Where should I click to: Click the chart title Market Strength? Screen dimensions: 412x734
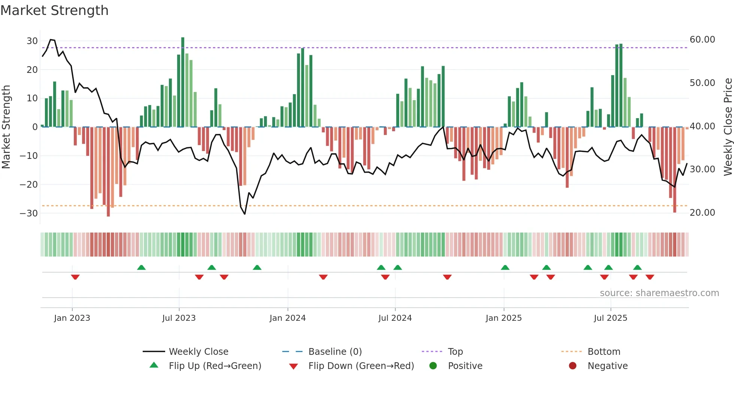click(x=54, y=10)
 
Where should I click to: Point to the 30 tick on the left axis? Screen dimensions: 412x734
click(x=32, y=41)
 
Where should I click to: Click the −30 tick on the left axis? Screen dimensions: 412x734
click(x=28, y=213)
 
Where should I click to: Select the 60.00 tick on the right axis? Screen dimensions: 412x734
click(x=702, y=40)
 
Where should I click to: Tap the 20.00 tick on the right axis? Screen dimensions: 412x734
click(x=702, y=213)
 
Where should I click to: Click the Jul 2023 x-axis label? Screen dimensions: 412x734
click(x=179, y=318)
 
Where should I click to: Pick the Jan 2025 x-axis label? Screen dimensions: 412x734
click(x=503, y=318)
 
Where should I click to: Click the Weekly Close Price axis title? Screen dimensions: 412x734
click(x=728, y=127)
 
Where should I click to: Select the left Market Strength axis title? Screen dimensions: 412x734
click(x=6, y=127)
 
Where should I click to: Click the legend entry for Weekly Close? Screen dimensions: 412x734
click(x=198, y=352)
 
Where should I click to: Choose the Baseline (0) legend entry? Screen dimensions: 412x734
click(x=335, y=352)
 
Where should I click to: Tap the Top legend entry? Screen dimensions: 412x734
click(x=455, y=352)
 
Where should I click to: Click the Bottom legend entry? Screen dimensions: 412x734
click(x=604, y=352)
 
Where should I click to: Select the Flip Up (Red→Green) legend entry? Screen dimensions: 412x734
click(x=215, y=366)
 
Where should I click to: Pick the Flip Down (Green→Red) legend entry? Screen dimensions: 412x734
click(x=361, y=366)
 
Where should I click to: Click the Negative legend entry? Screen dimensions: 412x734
click(x=607, y=366)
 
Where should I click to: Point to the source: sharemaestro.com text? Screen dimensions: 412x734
click(x=659, y=293)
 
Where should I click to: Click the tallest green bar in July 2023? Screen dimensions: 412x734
click(x=183, y=82)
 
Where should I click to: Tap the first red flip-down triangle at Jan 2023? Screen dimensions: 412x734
click(x=75, y=277)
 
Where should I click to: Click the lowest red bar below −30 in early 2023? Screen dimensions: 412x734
click(x=108, y=172)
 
